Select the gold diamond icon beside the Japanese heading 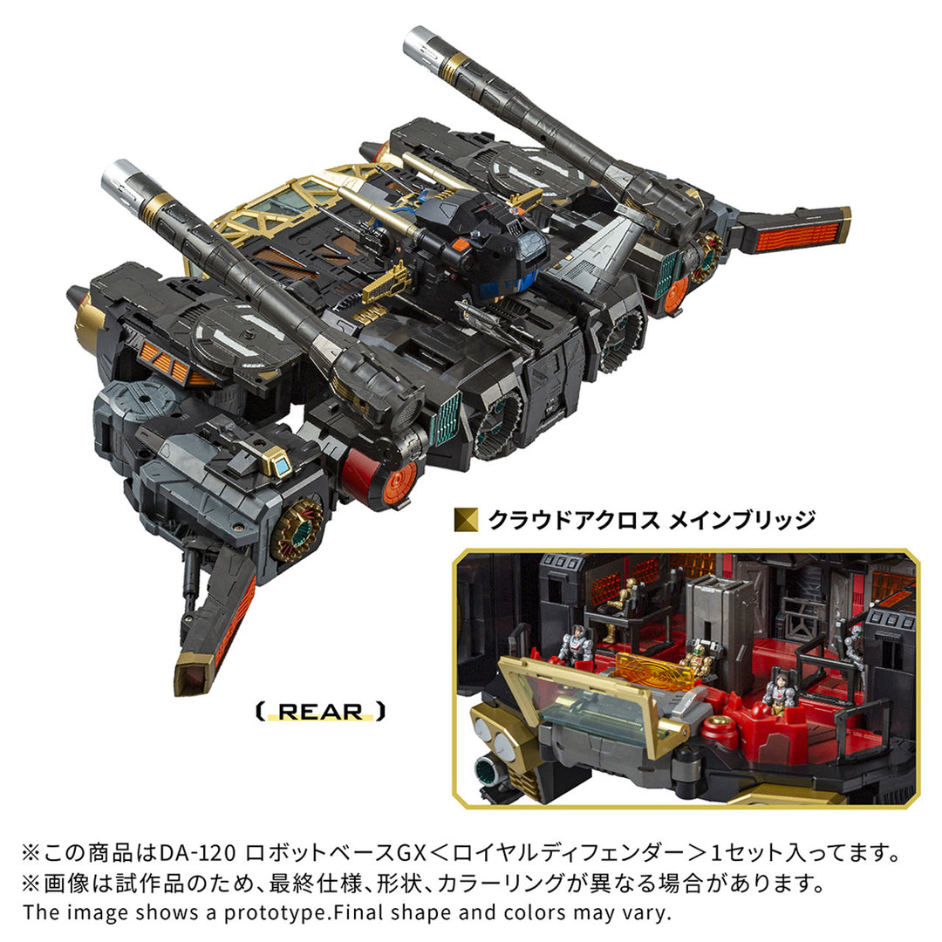point(466,521)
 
